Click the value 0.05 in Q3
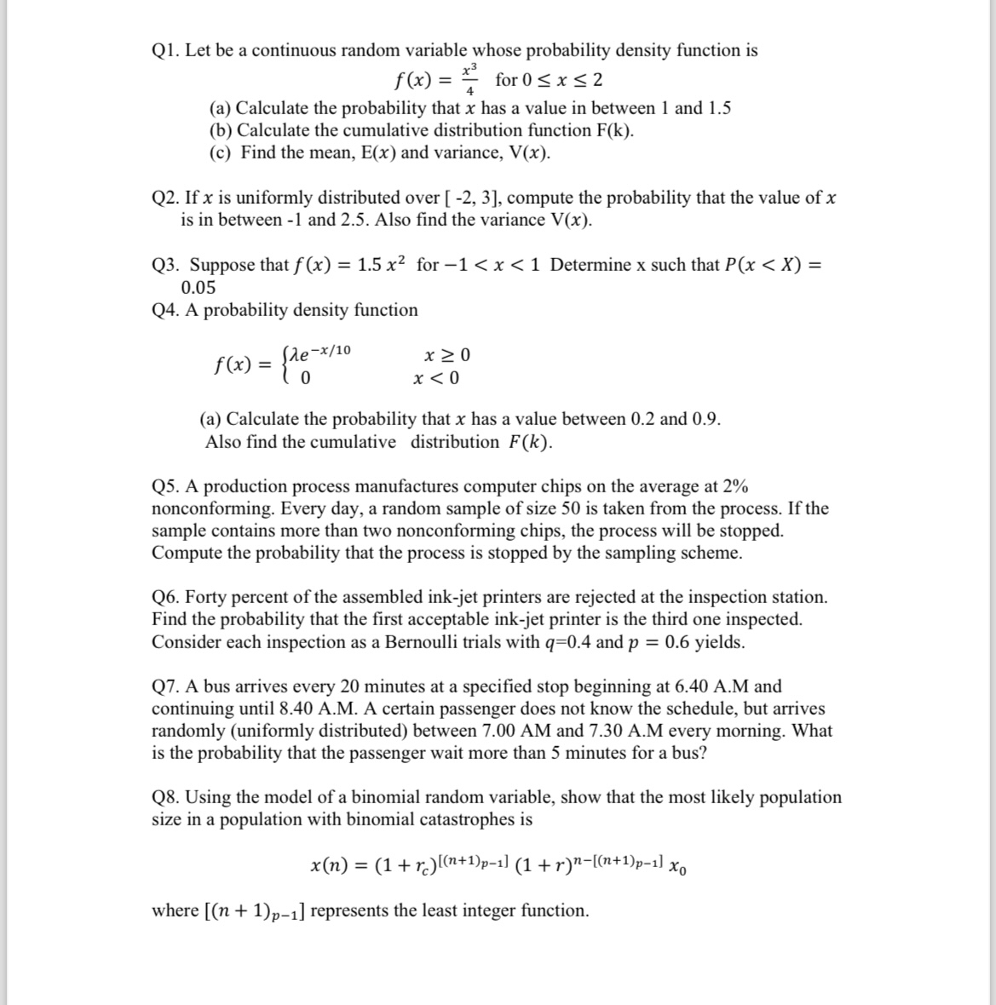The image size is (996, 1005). [199, 287]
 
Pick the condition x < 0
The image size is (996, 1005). [436, 377]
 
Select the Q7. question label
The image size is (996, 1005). [165, 686]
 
